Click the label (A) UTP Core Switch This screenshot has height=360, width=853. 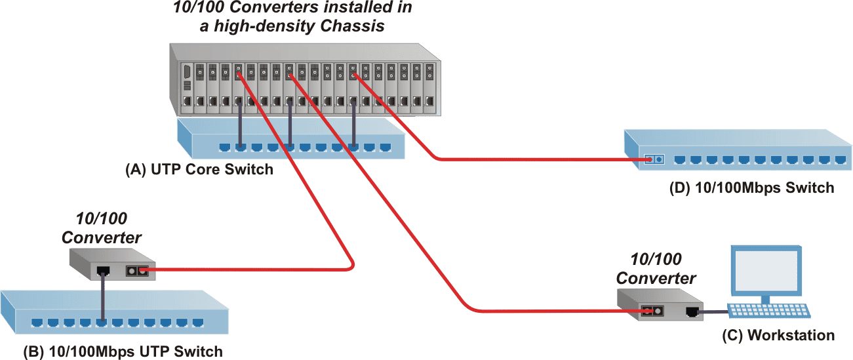(199, 170)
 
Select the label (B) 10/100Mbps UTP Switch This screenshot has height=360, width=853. (123, 351)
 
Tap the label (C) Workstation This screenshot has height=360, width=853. (778, 336)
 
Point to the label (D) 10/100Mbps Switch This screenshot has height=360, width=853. (751, 188)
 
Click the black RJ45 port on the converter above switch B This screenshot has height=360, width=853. (102, 269)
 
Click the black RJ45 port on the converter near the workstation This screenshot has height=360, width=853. (692, 312)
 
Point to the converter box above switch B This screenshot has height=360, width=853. (111, 264)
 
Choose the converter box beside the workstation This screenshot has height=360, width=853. (659, 305)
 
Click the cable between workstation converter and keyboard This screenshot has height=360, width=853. (714, 312)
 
